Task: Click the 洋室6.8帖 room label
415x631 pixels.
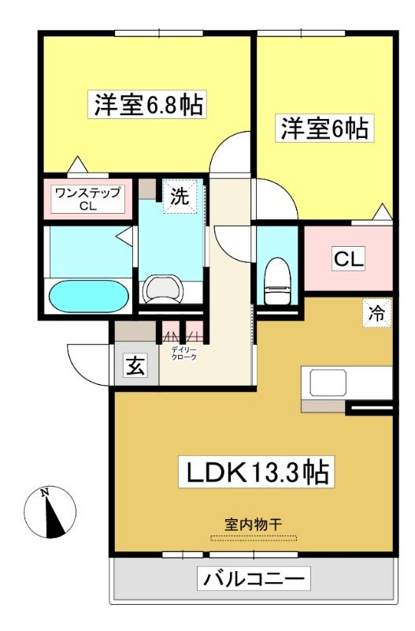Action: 147,104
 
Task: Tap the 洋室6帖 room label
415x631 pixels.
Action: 324,128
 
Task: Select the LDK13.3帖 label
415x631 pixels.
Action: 256,472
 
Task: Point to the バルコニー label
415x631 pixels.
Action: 254,579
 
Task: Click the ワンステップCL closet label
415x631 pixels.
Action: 87,199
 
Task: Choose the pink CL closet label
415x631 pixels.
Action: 349,259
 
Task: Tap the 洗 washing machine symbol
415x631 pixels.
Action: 180,196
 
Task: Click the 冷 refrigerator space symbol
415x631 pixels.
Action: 377,313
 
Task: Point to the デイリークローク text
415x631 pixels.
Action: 184,353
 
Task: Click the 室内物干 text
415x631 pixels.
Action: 253,525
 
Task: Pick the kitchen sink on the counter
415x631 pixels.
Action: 328,383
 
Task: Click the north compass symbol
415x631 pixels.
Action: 50,512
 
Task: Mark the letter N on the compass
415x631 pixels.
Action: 45,492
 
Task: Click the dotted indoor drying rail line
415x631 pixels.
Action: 254,538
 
